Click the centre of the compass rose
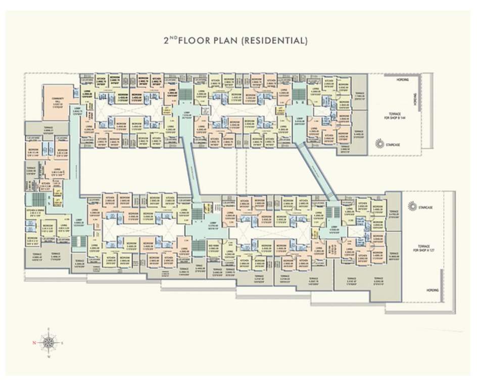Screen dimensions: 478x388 [49, 343]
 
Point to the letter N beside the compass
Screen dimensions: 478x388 [34, 343]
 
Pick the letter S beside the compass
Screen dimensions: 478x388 [62, 343]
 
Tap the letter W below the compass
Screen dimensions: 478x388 [49, 357]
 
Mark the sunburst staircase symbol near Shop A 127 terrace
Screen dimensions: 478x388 [412, 207]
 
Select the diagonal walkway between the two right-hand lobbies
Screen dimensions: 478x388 [316, 170]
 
